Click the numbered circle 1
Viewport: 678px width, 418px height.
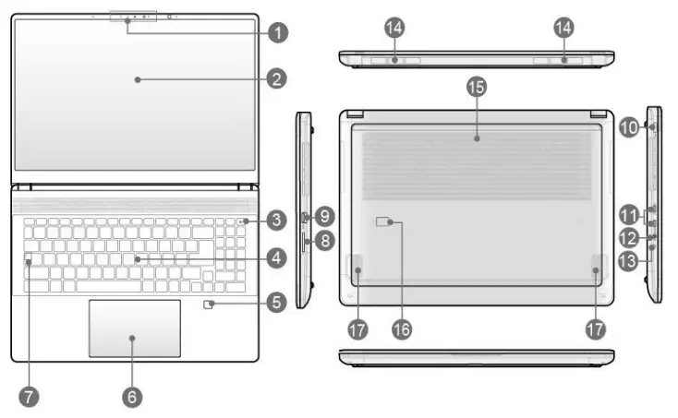(x=275, y=32)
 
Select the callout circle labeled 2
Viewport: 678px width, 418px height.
(x=275, y=79)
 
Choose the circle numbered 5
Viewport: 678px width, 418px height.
(x=275, y=301)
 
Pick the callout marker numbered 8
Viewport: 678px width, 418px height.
(x=324, y=242)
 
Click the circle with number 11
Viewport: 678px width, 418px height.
(x=629, y=216)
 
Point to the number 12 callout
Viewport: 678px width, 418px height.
(x=629, y=239)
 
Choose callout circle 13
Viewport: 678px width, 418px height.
(x=629, y=262)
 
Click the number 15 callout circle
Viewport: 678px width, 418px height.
(x=476, y=87)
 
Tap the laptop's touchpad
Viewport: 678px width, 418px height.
(x=134, y=327)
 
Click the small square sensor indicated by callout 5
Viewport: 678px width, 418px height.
(x=211, y=303)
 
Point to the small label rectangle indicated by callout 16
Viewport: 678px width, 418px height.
(x=385, y=222)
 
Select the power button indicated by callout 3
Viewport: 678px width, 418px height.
(x=241, y=221)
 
